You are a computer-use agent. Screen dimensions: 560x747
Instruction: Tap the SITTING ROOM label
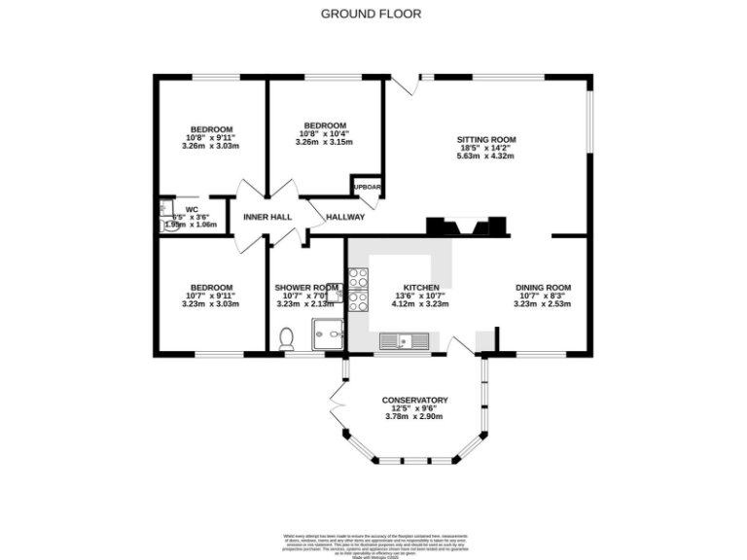point(485,140)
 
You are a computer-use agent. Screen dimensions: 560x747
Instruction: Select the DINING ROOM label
point(542,288)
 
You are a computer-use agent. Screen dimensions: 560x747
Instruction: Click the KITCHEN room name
point(422,288)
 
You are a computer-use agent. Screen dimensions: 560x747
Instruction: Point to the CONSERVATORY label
point(414,400)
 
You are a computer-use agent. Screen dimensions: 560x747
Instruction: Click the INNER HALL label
point(267,217)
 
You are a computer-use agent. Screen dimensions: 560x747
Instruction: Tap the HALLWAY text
point(345,217)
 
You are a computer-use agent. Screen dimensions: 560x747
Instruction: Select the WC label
point(192,208)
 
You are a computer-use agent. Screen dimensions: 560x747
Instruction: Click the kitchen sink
point(401,340)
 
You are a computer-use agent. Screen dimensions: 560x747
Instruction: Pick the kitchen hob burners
point(357,287)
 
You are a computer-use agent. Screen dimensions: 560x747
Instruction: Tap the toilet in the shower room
point(286,337)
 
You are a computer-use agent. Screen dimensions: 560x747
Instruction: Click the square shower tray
point(328,333)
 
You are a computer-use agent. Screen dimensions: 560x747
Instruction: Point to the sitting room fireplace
point(466,226)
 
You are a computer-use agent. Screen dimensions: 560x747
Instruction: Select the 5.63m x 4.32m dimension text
point(485,156)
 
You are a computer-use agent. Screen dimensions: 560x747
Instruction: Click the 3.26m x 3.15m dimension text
point(324,142)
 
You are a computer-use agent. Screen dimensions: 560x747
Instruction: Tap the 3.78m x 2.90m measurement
point(414,416)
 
